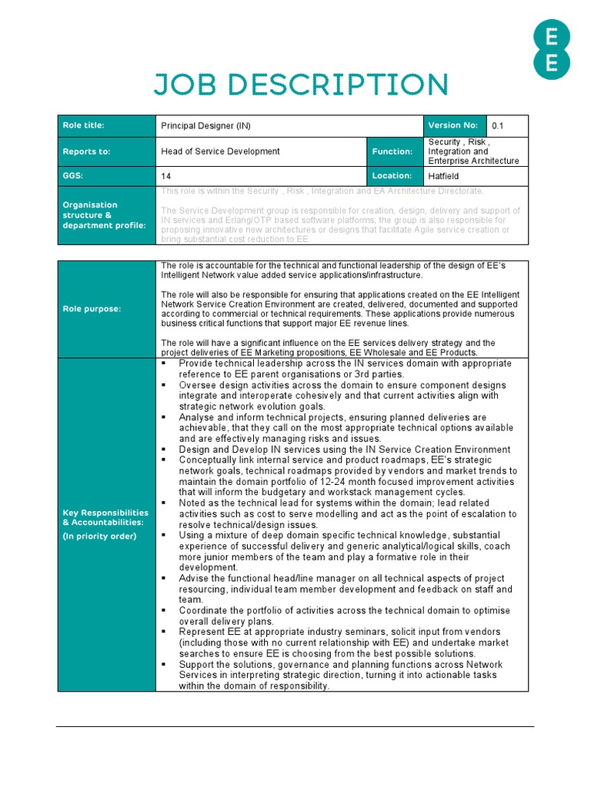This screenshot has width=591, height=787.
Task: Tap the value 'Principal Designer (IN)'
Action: coord(205,126)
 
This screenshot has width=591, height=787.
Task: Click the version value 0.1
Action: coord(498,126)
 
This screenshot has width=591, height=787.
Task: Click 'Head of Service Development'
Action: coord(220,151)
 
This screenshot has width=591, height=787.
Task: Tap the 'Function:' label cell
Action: coord(392,151)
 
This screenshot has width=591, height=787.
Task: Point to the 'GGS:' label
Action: coord(73,176)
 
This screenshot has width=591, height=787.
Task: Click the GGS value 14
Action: coord(165,176)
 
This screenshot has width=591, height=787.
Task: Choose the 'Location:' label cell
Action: coord(392,176)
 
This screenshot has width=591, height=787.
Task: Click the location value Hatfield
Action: coord(446,176)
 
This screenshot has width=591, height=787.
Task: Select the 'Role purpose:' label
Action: coord(91,309)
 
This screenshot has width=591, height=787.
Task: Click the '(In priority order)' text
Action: coord(99,536)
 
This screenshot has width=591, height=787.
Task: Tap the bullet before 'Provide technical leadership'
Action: coord(165,364)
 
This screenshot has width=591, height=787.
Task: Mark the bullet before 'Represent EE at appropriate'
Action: coord(165,632)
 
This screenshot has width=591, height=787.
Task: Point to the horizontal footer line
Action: coord(295,726)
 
